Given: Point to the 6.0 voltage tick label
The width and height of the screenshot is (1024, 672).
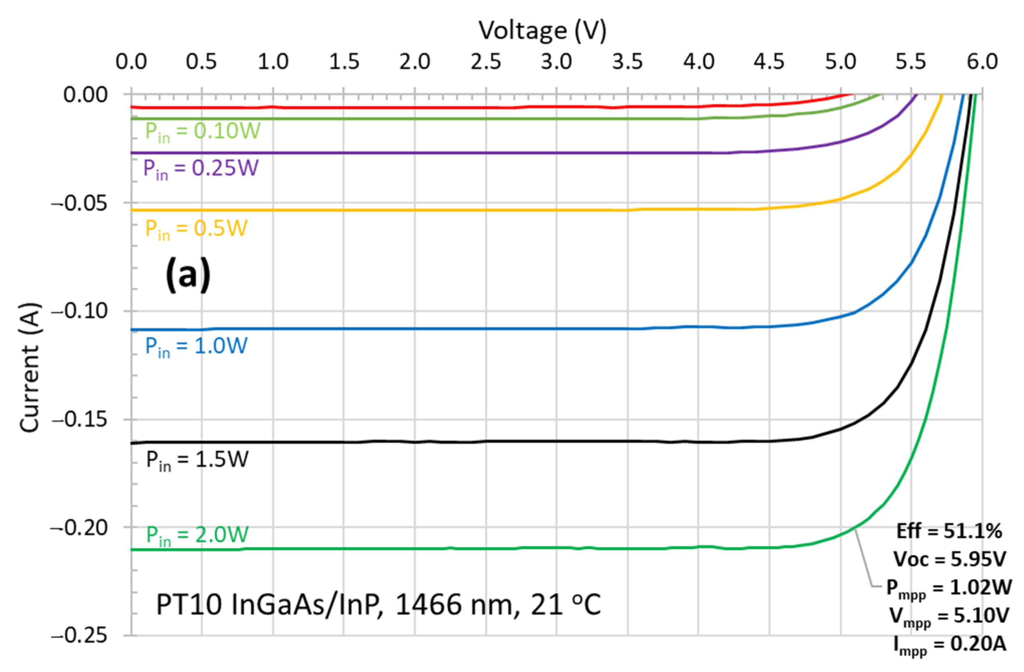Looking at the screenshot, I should pyautogui.click(x=982, y=62).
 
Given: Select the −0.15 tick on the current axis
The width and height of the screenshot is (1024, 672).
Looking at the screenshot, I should pyautogui.click(x=79, y=419).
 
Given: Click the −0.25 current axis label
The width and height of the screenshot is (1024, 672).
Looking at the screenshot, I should pyautogui.click(x=79, y=635).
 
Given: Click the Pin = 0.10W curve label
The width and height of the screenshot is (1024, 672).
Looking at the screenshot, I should pyautogui.click(x=202, y=131).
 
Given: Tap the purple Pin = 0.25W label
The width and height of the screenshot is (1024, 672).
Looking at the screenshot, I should pyautogui.click(x=201, y=168).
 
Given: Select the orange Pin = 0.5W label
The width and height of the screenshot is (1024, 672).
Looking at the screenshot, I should pyautogui.click(x=196, y=229).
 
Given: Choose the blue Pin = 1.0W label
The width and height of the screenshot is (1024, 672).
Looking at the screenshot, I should pyautogui.click(x=196, y=346).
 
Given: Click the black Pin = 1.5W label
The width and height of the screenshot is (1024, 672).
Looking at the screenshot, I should pyautogui.click(x=197, y=460).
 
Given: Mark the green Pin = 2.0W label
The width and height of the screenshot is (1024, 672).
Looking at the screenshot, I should pyautogui.click(x=197, y=535).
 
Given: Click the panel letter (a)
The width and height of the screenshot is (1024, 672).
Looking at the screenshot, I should pyautogui.click(x=188, y=275).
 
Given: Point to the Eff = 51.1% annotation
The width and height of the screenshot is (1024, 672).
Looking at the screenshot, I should pyautogui.click(x=949, y=531).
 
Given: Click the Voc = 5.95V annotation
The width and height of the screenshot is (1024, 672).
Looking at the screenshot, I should pyautogui.click(x=949, y=559).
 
